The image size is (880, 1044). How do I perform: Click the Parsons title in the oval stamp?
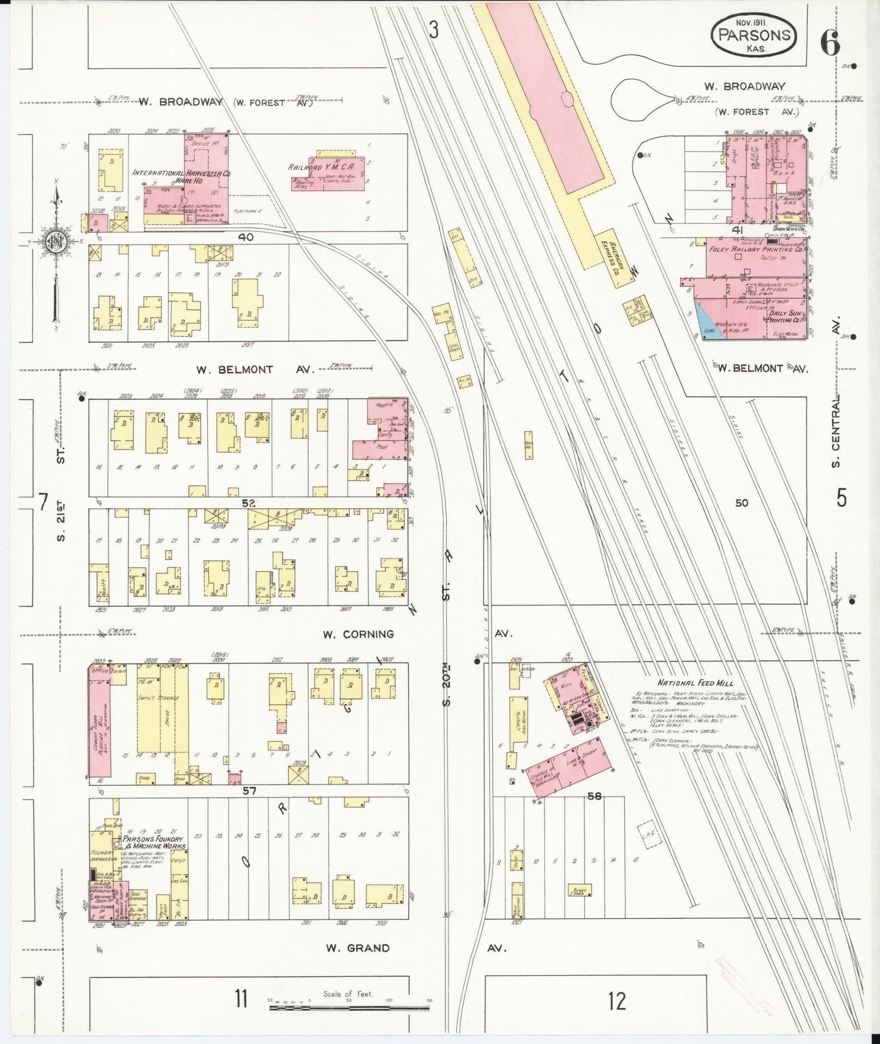(x=755, y=35)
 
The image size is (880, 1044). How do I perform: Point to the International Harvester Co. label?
(x=181, y=174)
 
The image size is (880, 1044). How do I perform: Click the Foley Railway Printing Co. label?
(x=755, y=250)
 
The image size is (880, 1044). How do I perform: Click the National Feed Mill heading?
(x=695, y=683)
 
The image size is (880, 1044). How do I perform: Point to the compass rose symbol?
(x=56, y=242)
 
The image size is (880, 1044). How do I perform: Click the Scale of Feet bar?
(x=350, y=1007)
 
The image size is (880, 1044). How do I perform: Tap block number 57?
(x=249, y=791)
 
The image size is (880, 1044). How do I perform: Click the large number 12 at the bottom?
(x=616, y=1001)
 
